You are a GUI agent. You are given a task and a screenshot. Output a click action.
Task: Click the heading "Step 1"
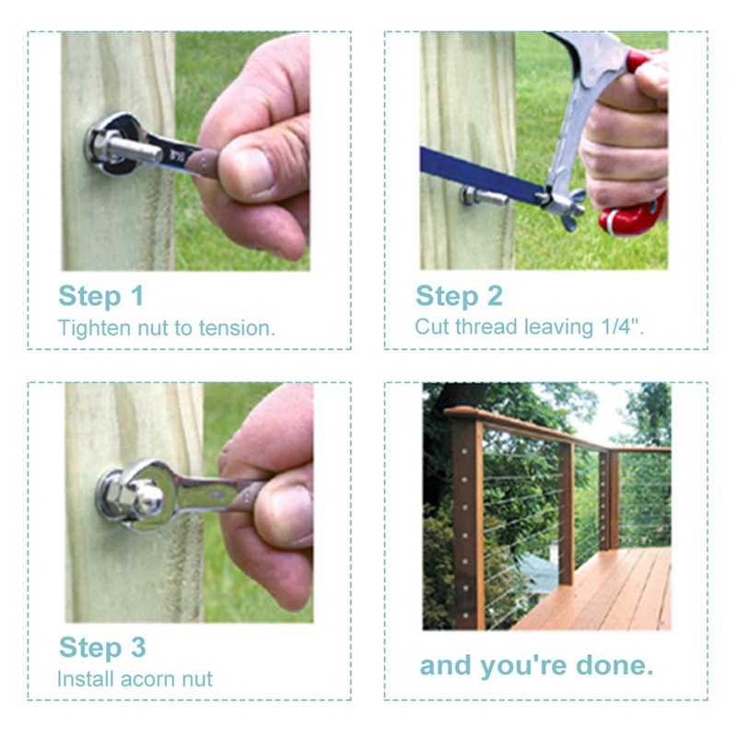point(100,297)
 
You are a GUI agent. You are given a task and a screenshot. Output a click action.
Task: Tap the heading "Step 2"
point(459,297)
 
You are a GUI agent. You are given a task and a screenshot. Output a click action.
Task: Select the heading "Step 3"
point(102,648)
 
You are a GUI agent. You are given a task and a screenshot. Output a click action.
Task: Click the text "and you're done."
point(536,666)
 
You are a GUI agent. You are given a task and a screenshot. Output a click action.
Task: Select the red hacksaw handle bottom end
point(632,216)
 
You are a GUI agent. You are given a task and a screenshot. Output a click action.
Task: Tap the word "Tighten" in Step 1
point(95,328)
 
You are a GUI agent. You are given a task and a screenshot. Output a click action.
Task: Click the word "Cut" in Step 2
point(431,327)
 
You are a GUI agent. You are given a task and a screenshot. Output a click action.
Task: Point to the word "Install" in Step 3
point(86,679)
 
